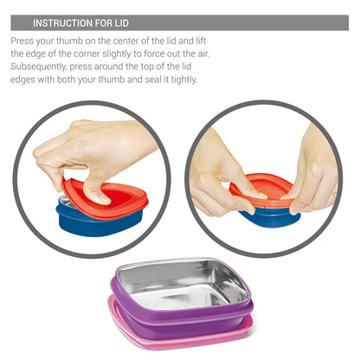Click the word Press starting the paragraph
pos(23,41)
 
